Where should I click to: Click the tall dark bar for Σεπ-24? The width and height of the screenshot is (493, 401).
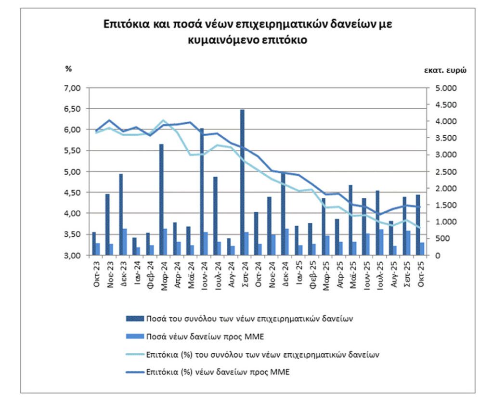click(242, 183)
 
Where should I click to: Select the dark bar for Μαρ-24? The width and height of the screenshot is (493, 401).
click(161, 200)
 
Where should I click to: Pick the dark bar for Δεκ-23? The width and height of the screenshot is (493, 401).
click(121, 214)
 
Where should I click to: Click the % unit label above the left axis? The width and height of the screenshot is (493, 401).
click(68, 68)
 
